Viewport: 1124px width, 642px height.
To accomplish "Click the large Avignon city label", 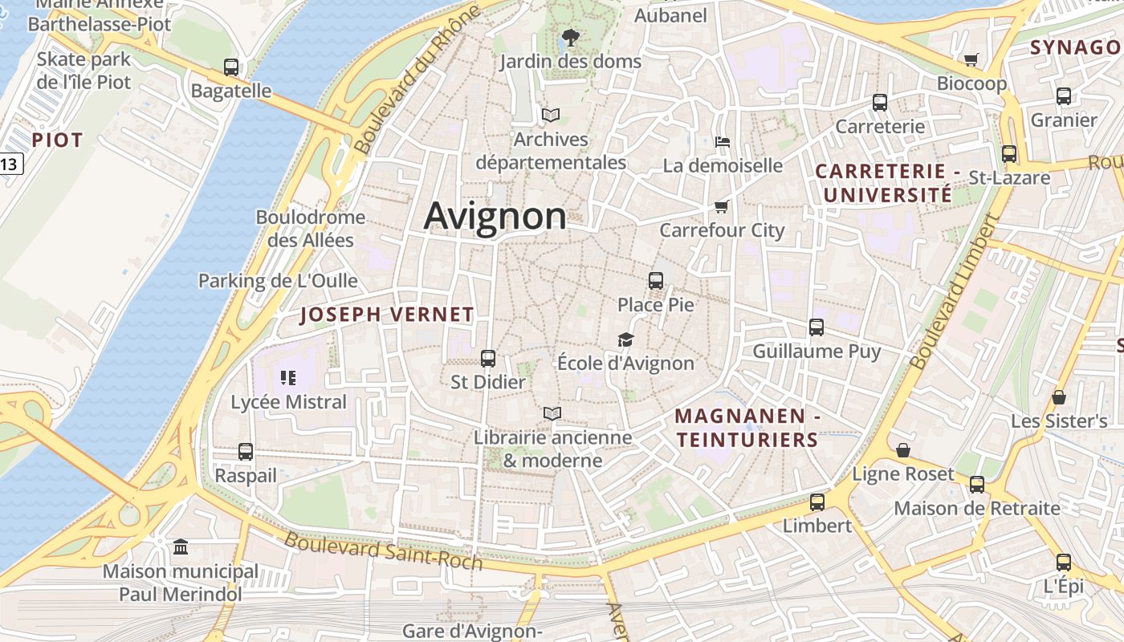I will [x=495, y=215].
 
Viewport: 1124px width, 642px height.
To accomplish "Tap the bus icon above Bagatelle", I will [x=231, y=67].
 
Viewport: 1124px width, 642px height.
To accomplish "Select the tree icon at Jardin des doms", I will [x=571, y=37].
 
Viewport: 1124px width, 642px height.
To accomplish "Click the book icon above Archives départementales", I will [x=550, y=116].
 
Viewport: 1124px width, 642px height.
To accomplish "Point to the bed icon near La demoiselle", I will [x=723, y=142].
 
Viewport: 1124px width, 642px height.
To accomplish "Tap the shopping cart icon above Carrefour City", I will [x=722, y=207].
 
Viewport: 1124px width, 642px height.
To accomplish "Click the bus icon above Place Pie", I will [x=656, y=281].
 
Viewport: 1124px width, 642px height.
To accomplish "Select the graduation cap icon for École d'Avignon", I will [x=625, y=339].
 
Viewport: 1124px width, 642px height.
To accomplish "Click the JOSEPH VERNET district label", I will [x=387, y=315].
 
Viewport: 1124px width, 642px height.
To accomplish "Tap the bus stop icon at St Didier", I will [x=487, y=359].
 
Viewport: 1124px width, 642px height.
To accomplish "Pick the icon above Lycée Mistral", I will [x=288, y=377].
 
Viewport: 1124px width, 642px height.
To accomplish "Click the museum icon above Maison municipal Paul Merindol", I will [x=181, y=547].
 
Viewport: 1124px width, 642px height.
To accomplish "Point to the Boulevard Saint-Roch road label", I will [x=383, y=551].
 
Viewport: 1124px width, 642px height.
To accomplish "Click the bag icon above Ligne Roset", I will [x=903, y=450].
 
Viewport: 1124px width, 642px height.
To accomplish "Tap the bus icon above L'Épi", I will [x=1064, y=563].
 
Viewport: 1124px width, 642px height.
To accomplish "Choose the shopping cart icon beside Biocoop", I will [x=971, y=59].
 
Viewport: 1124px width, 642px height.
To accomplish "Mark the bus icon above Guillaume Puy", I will [x=817, y=327].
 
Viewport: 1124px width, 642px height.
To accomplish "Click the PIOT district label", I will [x=57, y=140].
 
